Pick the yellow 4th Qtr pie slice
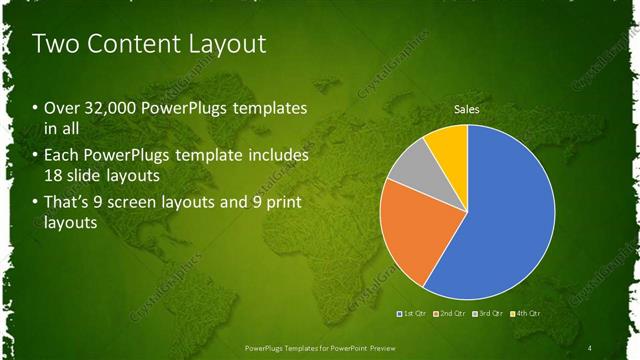(x=450, y=146)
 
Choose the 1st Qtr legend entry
(x=414, y=315)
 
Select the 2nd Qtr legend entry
(x=450, y=315)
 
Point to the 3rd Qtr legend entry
(x=487, y=315)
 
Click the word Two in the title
(x=54, y=44)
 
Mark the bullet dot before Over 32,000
(x=36, y=108)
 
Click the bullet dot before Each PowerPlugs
(x=36, y=157)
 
